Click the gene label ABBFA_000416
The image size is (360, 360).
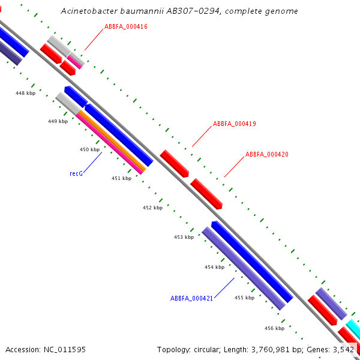pos(126,26)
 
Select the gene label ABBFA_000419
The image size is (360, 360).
pos(235,124)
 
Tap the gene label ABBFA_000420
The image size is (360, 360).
pos(267,154)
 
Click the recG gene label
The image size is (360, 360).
pos(76,173)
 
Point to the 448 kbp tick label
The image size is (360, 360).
pos(26,93)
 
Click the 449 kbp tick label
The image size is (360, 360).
pos(58,121)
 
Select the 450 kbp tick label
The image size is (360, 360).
pos(89,149)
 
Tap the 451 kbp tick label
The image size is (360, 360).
pos(121,178)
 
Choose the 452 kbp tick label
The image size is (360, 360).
pos(152,208)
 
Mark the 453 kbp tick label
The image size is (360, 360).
pos(184,237)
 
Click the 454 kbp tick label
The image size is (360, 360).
pos(214,267)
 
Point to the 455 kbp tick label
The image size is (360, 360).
pos(244,297)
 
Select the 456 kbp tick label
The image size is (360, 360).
pos(274,328)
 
